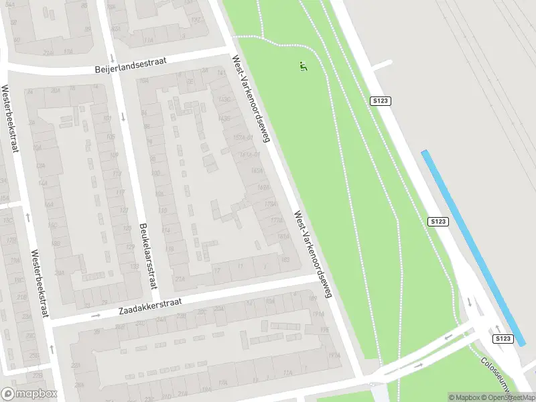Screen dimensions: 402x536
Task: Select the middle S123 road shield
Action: [x=438, y=221]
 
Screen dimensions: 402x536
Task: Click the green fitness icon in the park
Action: [x=303, y=66]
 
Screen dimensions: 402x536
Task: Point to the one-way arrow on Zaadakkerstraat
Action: [x=95, y=315]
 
